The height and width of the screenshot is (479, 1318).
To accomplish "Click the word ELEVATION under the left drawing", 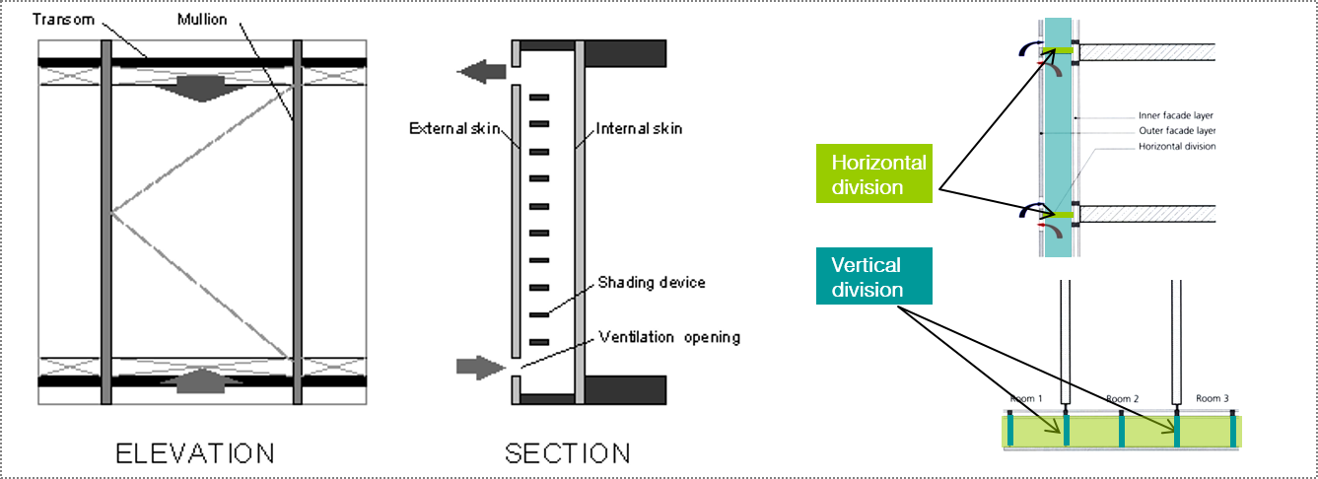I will (195, 453).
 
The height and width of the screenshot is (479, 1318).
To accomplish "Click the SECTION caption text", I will (567, 453).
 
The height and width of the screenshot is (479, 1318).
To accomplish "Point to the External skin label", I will (452, 128).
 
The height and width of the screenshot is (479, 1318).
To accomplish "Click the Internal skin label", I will (639, 128).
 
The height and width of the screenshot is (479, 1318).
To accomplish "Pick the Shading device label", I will (652, 283).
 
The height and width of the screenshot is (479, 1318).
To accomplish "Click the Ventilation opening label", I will (669, 337).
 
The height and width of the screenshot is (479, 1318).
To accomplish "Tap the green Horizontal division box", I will (874, 174).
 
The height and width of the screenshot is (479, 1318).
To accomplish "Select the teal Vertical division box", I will (874, 277).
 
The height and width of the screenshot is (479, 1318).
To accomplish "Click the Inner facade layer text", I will (1177, 116).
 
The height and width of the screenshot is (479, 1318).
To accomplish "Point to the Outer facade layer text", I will (1177, 131).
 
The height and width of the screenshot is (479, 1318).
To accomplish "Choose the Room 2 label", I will (1123, 398).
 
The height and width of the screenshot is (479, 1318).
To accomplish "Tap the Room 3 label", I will (1212, 398).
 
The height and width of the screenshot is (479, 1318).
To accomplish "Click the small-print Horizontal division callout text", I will (1177, 147).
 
